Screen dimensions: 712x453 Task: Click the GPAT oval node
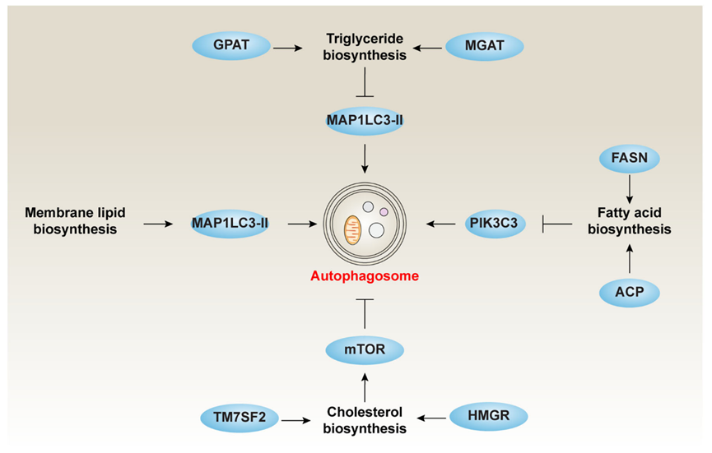coord(231,45)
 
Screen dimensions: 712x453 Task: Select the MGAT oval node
coord(485,46)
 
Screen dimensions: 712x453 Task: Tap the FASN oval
coord(630,158)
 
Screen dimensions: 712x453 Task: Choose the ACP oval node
coord(630,293)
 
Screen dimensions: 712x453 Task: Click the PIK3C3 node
coord(495,224)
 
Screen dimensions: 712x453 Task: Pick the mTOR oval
coord(365,349)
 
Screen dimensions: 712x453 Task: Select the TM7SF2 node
coord(240,417)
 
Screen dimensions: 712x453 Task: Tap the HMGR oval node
coord(489,416)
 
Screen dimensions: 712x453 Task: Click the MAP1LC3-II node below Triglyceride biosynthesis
coord(365,121)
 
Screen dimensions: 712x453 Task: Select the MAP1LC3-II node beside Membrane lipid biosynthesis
coord(230,224)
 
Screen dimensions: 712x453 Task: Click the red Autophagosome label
coord(365,276)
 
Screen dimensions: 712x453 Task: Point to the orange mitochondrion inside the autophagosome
coord(352,230)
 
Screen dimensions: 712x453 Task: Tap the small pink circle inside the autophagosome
coord(384,212)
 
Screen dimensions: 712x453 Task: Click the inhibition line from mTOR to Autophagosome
coord(365,314)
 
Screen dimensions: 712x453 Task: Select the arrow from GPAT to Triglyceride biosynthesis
coord(287,48)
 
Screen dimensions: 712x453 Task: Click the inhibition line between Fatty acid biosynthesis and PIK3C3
coord(557,224)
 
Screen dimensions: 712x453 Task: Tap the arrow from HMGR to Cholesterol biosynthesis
coord(431,418)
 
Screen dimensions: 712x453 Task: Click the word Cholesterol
coord(365,412)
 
